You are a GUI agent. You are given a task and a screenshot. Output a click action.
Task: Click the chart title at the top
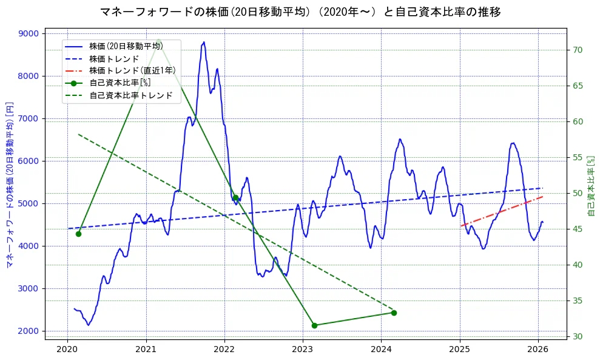300,12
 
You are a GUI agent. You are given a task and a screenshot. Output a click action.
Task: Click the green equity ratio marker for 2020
78,234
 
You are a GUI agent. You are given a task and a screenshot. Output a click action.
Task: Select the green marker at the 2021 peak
158,42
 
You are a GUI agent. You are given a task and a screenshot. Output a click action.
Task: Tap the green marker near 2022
235,197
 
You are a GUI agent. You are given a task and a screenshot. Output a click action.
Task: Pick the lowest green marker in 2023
314,325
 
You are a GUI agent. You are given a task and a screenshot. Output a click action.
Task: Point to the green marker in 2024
394,313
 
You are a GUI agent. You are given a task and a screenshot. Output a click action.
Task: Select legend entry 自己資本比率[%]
120,83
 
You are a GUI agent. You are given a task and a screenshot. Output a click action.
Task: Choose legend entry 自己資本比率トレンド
130,95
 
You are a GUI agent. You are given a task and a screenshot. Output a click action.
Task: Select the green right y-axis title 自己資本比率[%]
592,185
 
